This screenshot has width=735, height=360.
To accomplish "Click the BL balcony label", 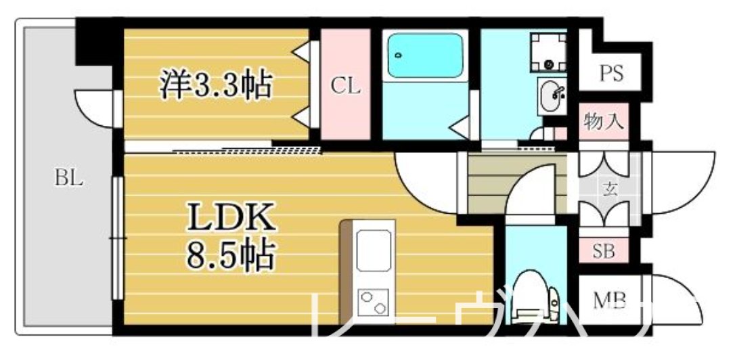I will [x=68, y=179].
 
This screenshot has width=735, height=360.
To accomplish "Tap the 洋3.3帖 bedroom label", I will [x=215, y=85].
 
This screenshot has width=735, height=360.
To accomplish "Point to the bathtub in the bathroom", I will [x=426, y=57].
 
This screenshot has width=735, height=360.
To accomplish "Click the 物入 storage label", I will [x=604, y=124].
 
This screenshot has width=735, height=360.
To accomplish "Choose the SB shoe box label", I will [x=604, y=251].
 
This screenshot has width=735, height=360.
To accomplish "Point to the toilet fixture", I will [x=535, y=300].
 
